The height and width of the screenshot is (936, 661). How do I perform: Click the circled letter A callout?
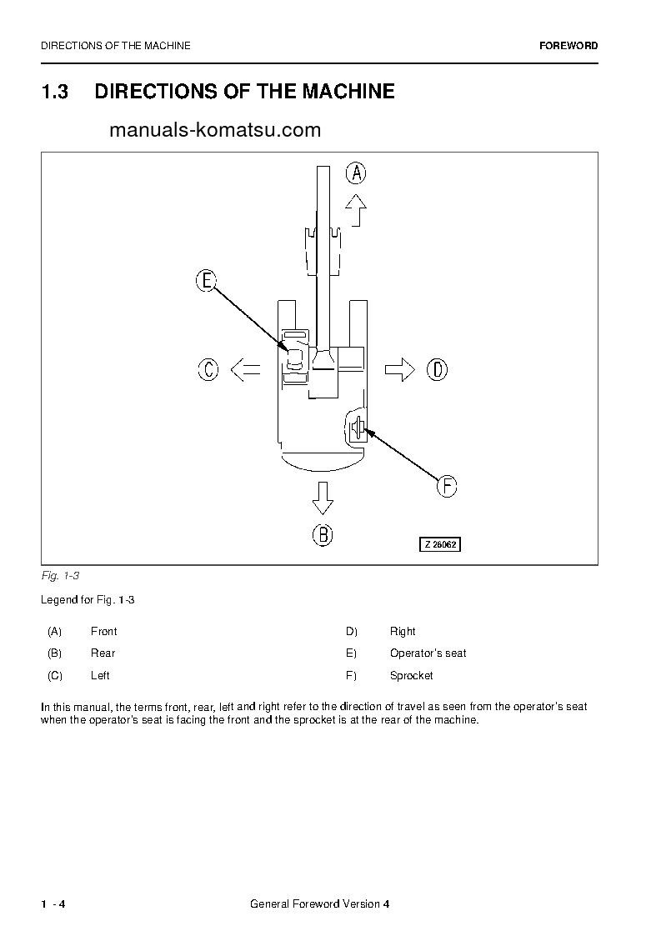pyautogui.click(x=356, y=173)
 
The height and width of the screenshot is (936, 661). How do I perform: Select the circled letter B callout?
pyautogui.click(x=323, y=534)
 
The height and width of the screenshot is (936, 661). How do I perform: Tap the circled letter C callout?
pyautogui.click(x=208, y=369)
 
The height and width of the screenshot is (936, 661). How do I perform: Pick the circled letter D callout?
pyautogui.click(x=438, y=369)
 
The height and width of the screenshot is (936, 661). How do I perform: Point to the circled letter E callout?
pyautogui.click(x=207, y=281)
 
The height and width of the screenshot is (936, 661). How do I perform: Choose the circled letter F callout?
pyautogui.click(x=447, y=486)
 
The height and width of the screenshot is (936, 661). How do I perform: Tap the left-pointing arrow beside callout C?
pyautogui.click(x=244, y=369)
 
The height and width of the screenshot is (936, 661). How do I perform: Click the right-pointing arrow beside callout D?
pyautogui.click(x=400, y=369)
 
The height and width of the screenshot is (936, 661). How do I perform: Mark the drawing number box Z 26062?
pyautogui.click(x=439, y=544)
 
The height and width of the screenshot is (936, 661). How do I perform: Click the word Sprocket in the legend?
pyautogui.click(x=411, y=675)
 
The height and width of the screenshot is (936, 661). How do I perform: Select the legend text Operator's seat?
pyautogui.click(x=428, y=653)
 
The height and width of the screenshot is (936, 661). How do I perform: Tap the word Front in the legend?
pyautogui.click(x=103, y=632)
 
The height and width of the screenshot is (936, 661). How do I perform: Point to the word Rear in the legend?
pyautogui.click(x=103, y=653)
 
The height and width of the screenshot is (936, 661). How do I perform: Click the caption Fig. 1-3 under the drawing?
pyautogui.click(x=59, y=576)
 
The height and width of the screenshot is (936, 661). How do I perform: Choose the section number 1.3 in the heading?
pyautogui.click(x=54, y=92)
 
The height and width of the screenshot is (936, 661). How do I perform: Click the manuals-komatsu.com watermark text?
pyautogui.click(x=214, y=130)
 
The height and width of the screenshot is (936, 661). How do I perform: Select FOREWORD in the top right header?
pyautogui.click(x=568, y=46)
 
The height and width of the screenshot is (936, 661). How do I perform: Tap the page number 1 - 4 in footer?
pyautogui.click(x=53, y=905)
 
